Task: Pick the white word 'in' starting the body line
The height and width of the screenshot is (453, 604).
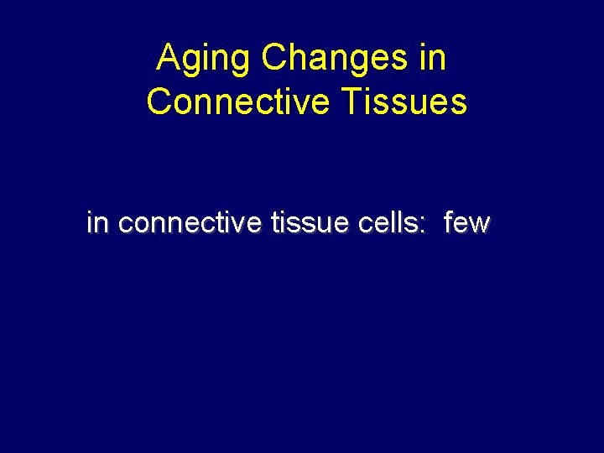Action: [97, 224]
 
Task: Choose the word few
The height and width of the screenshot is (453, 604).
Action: [466, 224]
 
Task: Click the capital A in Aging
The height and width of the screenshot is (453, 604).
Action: [169, 59]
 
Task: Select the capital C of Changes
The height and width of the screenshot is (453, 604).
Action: [274, 59]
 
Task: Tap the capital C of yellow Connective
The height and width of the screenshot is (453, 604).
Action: [159, 102]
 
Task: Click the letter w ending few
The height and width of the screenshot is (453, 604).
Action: [480, 225]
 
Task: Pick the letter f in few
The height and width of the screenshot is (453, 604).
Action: [449, 224]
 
